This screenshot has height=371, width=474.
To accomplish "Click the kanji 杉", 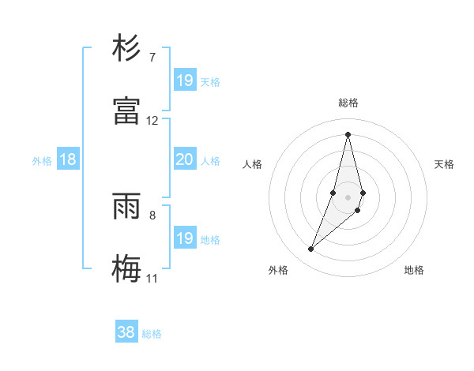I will click(x=126, y=49).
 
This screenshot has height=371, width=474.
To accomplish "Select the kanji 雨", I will click(x=126, y=207).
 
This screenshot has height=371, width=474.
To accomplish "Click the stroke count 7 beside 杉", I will click(x=152, y=58).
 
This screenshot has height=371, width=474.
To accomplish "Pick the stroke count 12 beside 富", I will click(x=152, y=121).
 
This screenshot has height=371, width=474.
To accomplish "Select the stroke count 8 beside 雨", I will click(x=152, y=215).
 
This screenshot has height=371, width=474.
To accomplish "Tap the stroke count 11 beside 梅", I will click(x=152, y=278).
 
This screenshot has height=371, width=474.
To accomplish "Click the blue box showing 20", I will click(x=184, y=159).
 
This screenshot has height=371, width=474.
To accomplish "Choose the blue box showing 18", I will click(x=68, y=159).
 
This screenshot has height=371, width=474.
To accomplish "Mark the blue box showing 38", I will click(x=126, y=332).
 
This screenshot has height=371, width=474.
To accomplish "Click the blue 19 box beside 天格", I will click(x=185, y=81).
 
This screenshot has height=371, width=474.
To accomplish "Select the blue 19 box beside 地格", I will click(x=185, y=238).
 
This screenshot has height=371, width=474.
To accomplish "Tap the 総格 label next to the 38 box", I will click(x=152, y=334).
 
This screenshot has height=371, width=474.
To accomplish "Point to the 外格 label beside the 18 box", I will click(x=42, y=161).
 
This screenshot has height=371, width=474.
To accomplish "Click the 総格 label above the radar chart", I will click(x=348, y=103).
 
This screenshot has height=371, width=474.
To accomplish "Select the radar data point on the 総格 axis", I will click(x=348, y=134).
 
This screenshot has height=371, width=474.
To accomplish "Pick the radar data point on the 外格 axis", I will click(x=311, y=249).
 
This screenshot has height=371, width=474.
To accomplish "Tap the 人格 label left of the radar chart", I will click(x=253, y=164).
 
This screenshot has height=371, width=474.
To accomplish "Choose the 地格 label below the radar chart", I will click(x=414, y=270).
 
